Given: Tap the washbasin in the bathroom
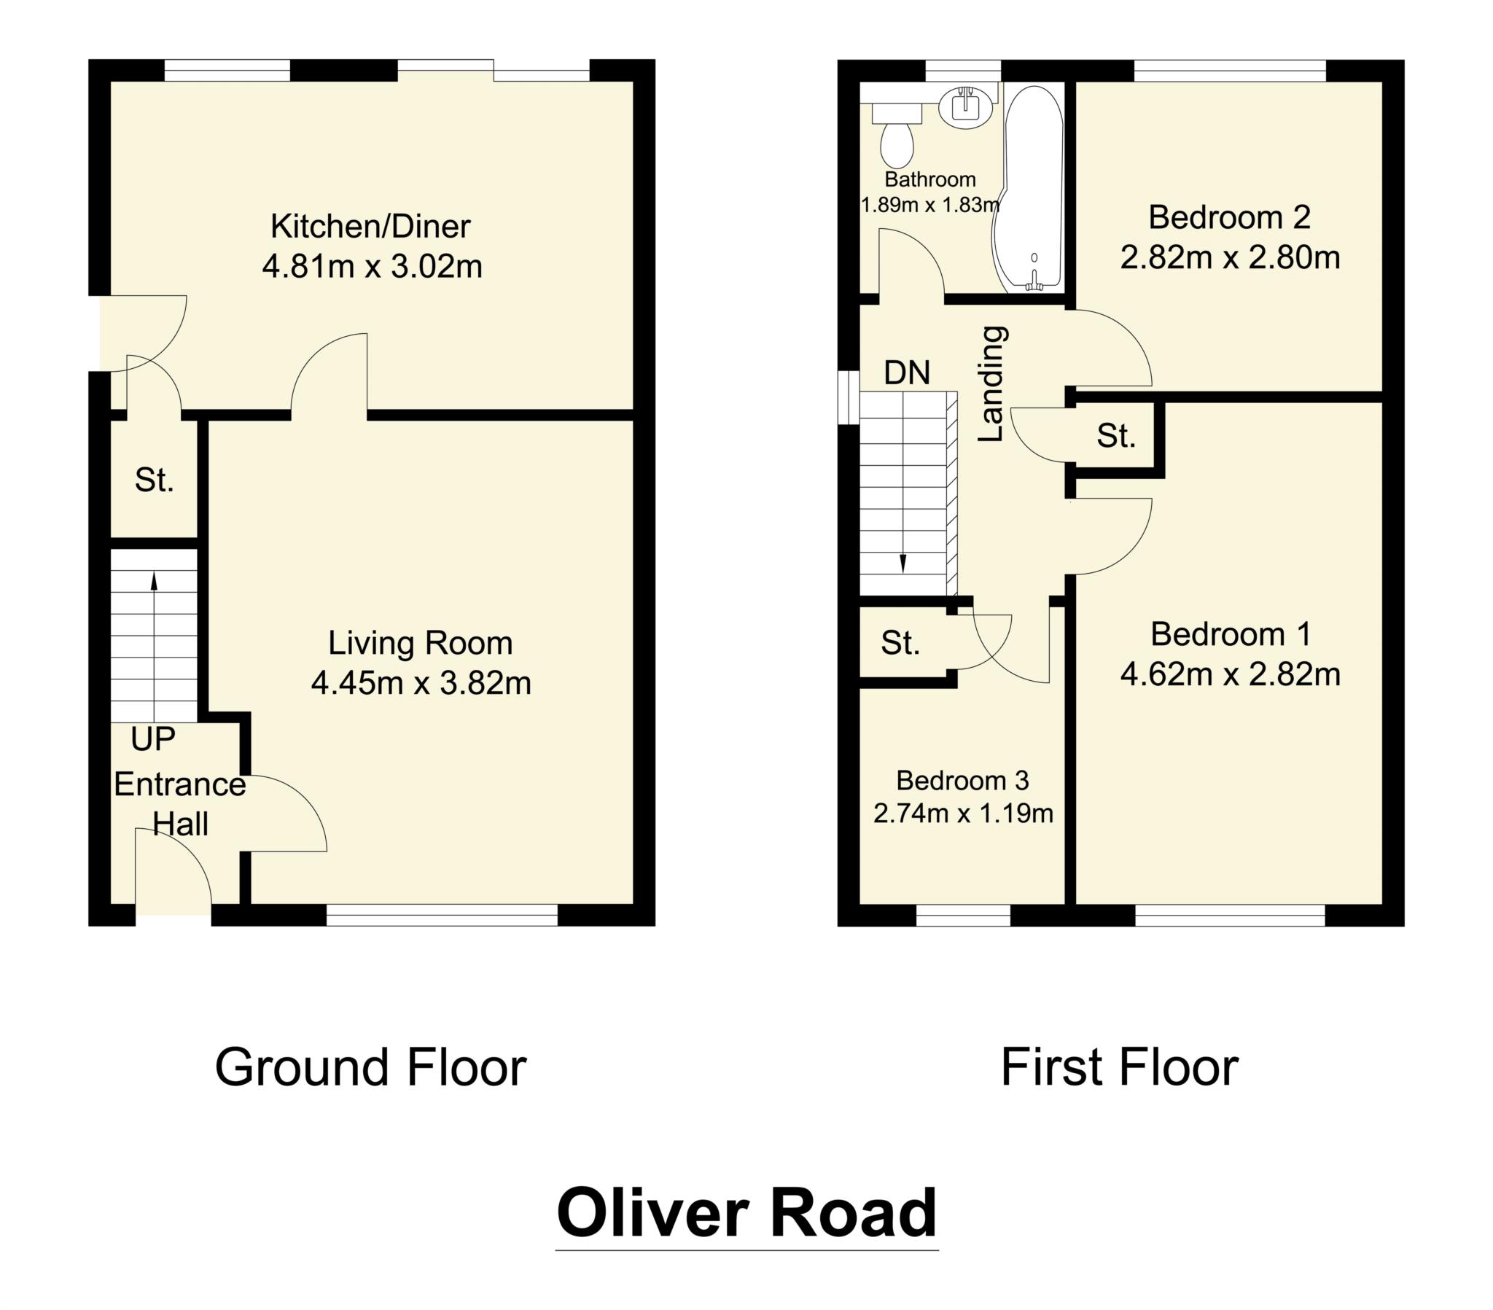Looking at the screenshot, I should (x=966, y=106).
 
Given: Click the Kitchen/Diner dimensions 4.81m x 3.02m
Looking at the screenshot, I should (x=372, y=267).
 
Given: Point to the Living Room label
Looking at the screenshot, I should (x=420, y=643).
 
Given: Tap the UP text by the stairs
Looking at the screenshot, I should (x=152, y=739).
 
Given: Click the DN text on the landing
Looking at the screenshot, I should (x=906, y=373).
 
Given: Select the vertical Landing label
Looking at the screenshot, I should (x=992, y=383).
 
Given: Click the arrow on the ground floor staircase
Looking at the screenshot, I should (x=154, y=580).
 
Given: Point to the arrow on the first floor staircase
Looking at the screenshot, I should (x=903, y=563).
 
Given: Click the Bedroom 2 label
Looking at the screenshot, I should (x=1229, y=217).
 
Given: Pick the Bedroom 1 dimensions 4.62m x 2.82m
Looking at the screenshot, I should (x=1230, y=674).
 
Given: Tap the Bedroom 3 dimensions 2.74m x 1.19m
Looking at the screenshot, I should (x=963, y=813).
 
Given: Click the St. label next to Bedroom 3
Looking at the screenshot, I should (x=900, y=643).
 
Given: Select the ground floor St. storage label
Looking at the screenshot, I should (x=154, y=480).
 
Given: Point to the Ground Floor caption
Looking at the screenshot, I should (x=370, y=1067).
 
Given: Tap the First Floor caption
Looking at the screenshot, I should (x=1119, y=1067).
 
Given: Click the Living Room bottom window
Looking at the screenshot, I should (x=441, y=916).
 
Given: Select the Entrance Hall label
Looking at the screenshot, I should (x=179, y=804).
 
